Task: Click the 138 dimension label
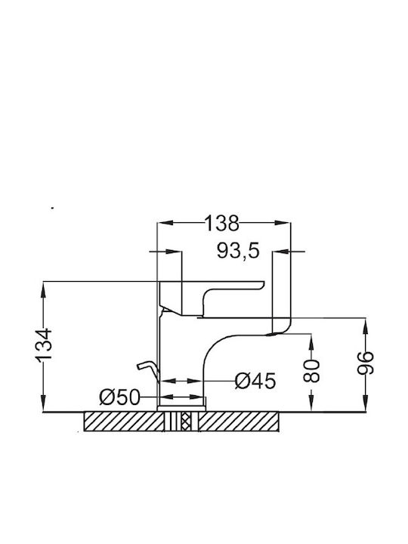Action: [222, 223]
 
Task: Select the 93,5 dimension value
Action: [238, 251]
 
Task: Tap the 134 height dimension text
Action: [44, 345]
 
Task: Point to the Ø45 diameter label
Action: [255, 381]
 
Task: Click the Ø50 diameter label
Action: [119, 397]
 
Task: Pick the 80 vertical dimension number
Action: [311, 371]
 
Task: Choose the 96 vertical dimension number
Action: [366, 363]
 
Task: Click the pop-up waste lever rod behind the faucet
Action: [148, 371]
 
